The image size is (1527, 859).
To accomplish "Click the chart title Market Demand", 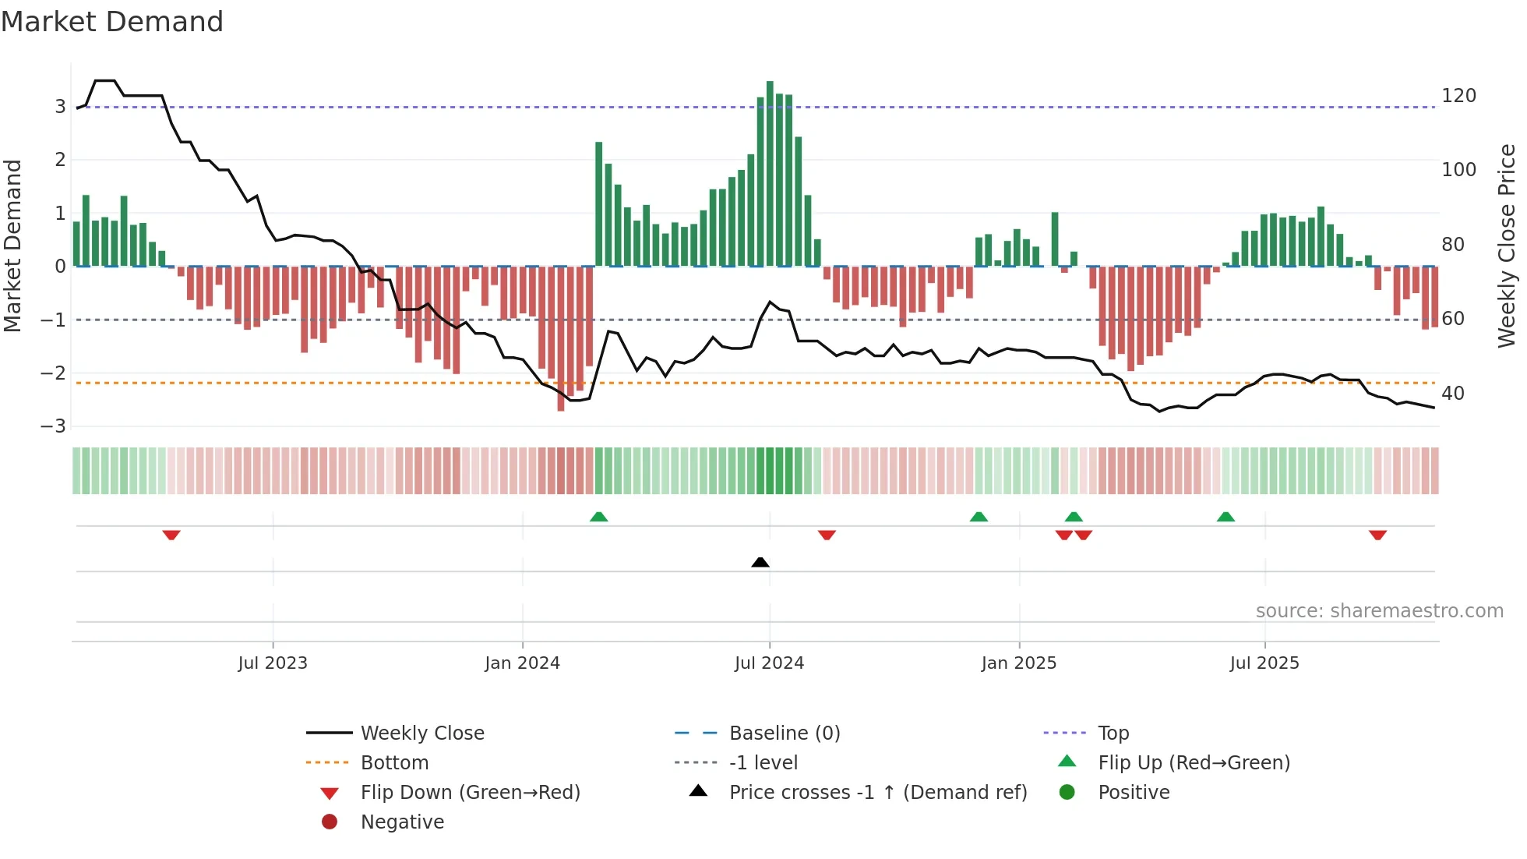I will [x=112, y=22].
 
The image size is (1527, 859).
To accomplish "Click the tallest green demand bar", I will [x=770, y=173].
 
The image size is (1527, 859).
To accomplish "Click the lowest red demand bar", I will [x=561, y=338].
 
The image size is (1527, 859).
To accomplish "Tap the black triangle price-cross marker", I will [x=760, y=562].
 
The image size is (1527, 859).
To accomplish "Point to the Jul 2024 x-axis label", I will [x=769, y=663].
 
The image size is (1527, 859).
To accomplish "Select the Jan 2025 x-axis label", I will [x=1018, y=663].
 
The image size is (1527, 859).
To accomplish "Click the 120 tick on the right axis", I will [x=1458, y=96].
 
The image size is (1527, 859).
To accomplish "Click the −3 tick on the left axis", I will [x=54, y=426].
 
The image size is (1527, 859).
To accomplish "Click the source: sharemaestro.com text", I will [x=1379, y=611].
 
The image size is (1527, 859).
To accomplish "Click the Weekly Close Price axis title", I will [x=1507, y=246].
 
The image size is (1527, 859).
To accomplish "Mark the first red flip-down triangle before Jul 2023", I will [x=171, y=535].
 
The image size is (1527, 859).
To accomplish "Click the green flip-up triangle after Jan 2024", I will [x=598, y=517].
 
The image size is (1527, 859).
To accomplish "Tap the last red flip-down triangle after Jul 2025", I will [x=1377, y=535].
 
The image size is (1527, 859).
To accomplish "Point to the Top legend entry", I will [x=1113, y=734].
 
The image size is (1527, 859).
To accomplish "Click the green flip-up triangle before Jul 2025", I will [x=1225, y=517].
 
